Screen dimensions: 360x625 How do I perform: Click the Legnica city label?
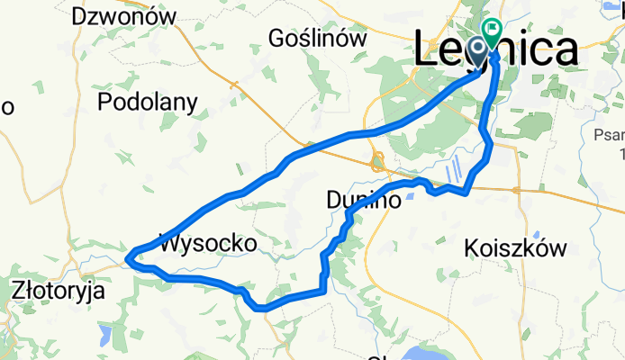pyautogui.click(x=496, y=49)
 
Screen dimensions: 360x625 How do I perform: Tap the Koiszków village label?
pyautogui.click(x=514, y=247)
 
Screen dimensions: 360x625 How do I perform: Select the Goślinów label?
pyautogui.click(x=319, y=39)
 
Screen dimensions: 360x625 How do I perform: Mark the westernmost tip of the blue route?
pyautogui.click(x=127, y=260)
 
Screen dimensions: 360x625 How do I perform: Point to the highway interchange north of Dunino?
pyautogui.click(x=378, y=163)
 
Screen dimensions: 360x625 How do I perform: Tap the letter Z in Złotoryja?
pyautogui.click(x=20, y=291)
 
